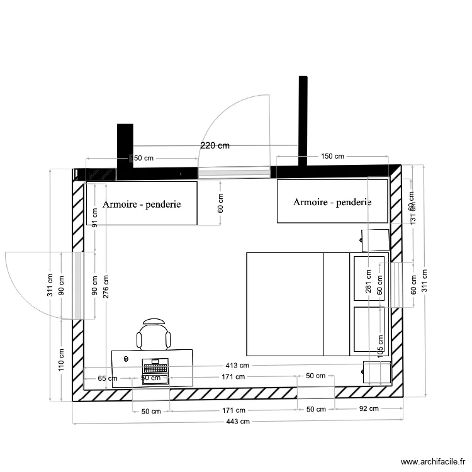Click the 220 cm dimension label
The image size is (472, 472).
pos(215,145)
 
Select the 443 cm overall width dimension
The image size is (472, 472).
pos(238,422)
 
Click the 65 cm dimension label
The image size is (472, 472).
pos(108,378)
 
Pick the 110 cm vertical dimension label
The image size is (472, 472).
pos(62,361)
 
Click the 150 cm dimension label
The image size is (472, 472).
pos(332,157)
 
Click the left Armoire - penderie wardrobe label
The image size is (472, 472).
pos(142,204)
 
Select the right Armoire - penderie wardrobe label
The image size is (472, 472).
pos(332,202)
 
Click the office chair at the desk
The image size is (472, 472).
pos(154,334)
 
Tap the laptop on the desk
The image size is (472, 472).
pos(155,371)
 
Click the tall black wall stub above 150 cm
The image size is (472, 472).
pos(303,120)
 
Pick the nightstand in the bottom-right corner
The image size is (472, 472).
pos(377,373)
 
